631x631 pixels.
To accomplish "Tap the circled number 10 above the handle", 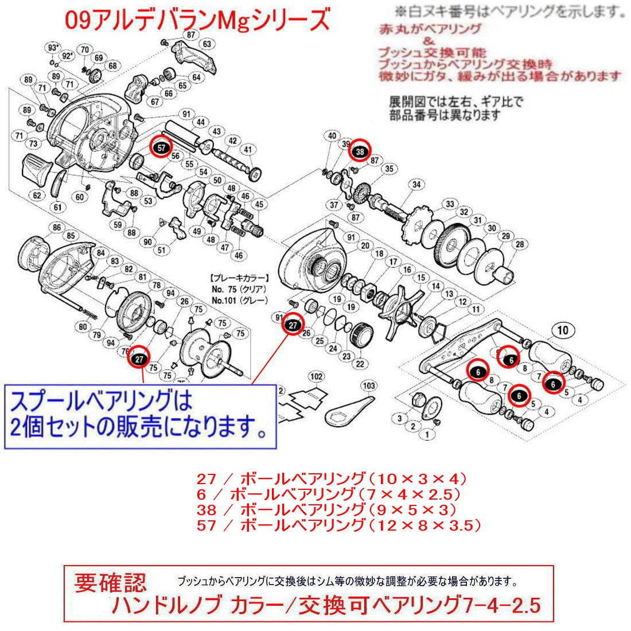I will [562, 330].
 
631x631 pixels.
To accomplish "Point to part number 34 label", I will [416, 185].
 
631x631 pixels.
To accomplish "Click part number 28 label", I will [520, 245].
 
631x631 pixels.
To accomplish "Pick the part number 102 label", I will [315, 377].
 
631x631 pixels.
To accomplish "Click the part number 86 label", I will [57, 228].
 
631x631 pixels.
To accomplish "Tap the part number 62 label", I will [37, 196].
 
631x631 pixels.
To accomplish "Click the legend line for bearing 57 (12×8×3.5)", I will [338, 524].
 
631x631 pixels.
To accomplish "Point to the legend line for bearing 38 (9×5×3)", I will [326, 509].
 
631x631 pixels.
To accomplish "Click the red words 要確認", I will [111, 583].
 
